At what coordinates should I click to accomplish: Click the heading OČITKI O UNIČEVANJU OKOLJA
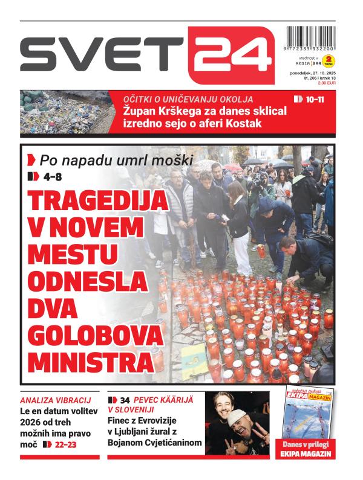[188, 99]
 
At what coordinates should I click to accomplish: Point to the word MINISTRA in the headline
[89, 362]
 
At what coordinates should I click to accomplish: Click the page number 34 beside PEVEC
[125, 400]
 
